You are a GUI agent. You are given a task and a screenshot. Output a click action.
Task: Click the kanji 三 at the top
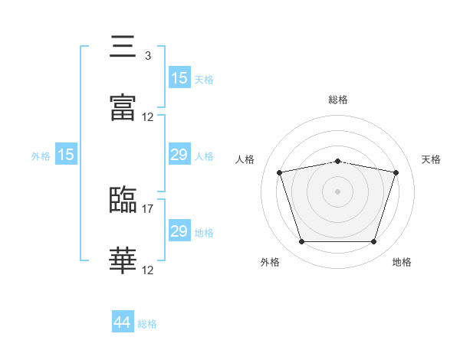click(123, 46)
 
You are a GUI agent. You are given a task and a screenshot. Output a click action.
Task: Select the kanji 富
click(123, 107)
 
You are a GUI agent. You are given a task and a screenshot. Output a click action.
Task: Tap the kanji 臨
click(123, 199)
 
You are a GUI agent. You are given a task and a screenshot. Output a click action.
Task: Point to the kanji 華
click(123, 260)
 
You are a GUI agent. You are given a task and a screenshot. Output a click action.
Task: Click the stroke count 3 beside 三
click(148, 56)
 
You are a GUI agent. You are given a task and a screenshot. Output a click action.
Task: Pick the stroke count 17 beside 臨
click(147, 209)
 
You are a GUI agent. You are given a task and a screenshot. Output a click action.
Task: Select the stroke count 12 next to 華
click(147, 270)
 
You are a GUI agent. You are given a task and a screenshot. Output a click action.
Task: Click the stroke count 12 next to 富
click(147, 117)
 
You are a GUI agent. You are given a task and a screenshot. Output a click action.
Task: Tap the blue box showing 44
click(123, 321)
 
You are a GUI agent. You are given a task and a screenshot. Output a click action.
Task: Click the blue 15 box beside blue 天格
click(179, 77)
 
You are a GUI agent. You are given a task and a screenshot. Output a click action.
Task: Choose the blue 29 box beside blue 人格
click(179, 154)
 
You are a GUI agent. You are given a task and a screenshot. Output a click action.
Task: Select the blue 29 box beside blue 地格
click(179, 230)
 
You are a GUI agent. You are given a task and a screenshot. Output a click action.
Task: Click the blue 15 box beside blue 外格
click(66, 154)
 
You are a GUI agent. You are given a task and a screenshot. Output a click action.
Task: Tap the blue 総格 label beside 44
click(147, 324)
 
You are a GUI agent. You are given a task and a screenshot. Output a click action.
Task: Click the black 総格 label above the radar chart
click(338, 100)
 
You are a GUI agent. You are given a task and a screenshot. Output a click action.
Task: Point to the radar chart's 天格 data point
click(396, 172)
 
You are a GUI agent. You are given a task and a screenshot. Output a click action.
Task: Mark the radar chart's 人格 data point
click(280, 172)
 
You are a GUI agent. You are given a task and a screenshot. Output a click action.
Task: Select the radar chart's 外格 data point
click(302, 241)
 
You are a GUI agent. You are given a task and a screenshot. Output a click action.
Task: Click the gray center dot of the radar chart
click(337, 191)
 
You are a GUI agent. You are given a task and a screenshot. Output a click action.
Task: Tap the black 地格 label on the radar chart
click(402, 262)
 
